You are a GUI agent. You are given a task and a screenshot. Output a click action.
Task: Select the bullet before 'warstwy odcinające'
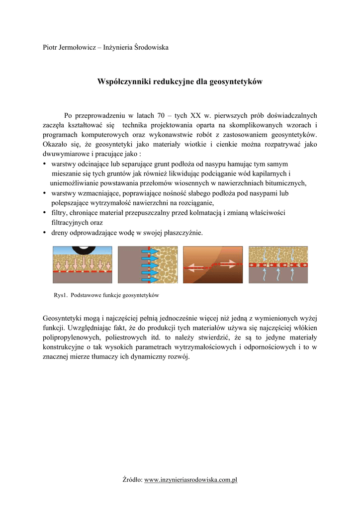(45, 164)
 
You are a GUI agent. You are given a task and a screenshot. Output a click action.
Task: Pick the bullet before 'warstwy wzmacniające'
(45, 193)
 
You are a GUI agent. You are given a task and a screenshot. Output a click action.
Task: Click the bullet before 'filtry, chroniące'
(45, 213)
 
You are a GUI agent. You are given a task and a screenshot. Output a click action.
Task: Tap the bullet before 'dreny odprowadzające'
(45, 233)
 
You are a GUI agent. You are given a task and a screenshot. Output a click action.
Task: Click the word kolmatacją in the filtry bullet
(204, 213)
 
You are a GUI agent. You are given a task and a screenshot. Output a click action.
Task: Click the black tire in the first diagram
(83, 249)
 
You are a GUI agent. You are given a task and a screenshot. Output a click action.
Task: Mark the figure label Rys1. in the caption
(60, 295)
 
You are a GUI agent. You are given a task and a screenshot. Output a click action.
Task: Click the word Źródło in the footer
(132, 480)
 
